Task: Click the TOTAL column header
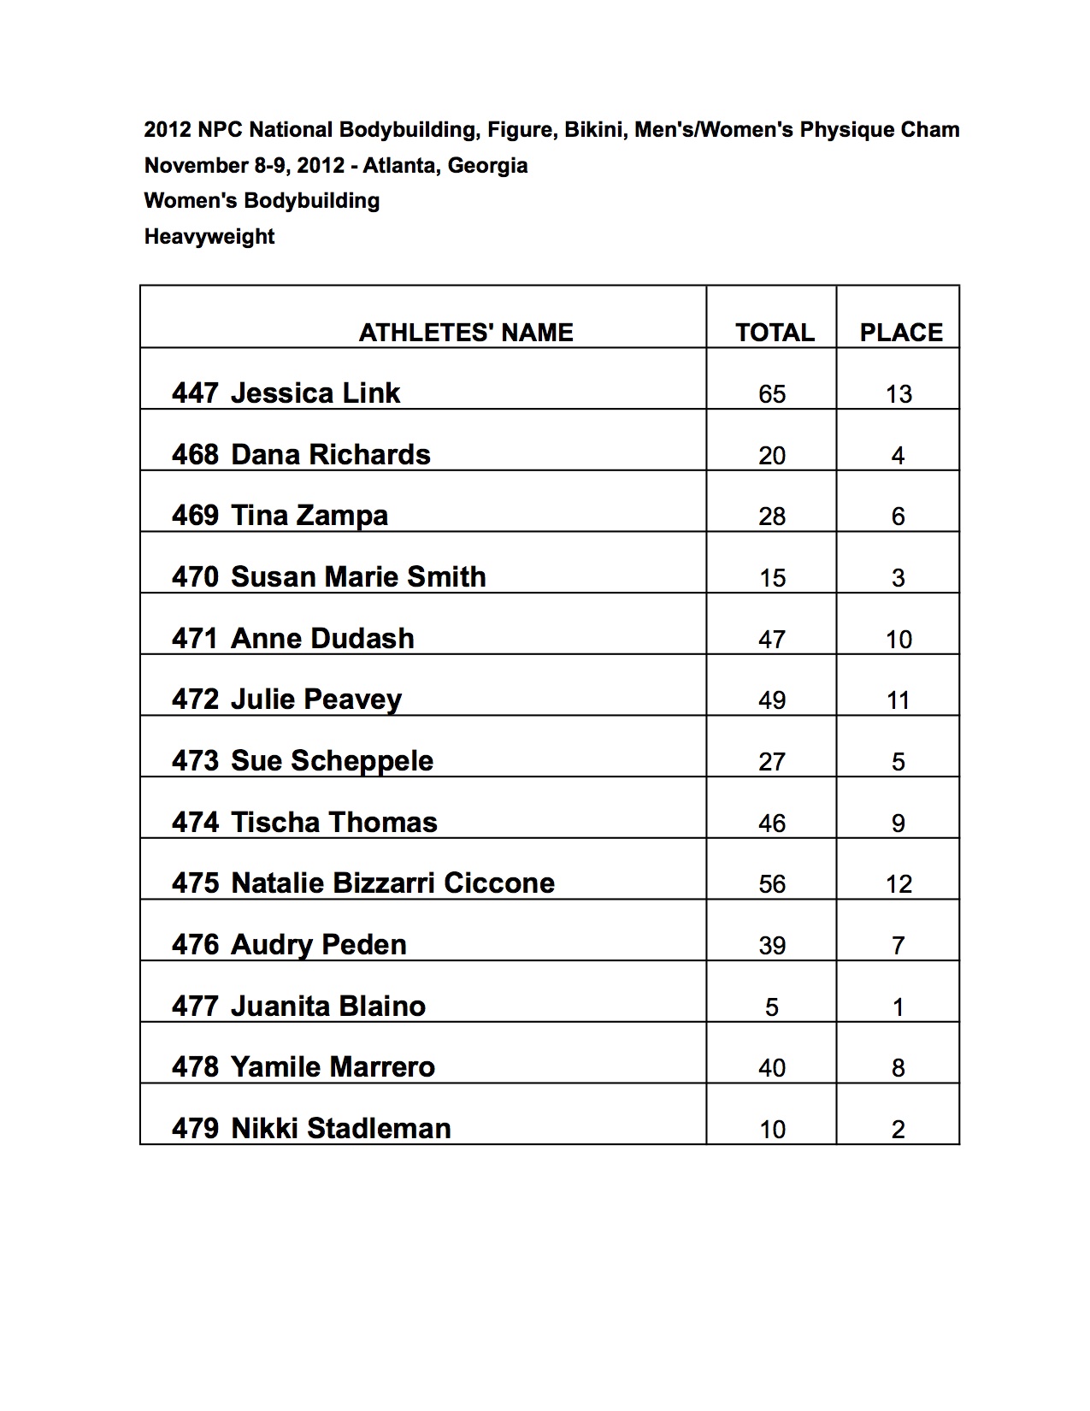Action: coord(775,333)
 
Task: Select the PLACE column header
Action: coord(900,333)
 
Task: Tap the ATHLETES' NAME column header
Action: coord(466,333)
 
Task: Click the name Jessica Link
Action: coord(315,393)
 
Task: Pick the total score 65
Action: coord(771,394)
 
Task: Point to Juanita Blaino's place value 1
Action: coord(898,1007)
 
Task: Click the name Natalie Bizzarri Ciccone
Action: coord(392,883)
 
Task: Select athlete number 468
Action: coord(195,455)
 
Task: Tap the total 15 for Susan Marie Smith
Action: coord(771,578)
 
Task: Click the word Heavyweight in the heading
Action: coord(209,237)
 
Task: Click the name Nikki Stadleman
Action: coord(340,1129)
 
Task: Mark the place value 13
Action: coord(899,394)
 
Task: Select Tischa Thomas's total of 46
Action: coord(771,824)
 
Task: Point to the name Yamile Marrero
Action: coord(333,1067)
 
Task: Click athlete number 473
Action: coord(195,761)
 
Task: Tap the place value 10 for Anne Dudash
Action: coord(899,640)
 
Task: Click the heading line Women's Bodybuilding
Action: coord(262,201)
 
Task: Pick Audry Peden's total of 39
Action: coord(771,946)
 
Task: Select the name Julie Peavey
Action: coord(315,700)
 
